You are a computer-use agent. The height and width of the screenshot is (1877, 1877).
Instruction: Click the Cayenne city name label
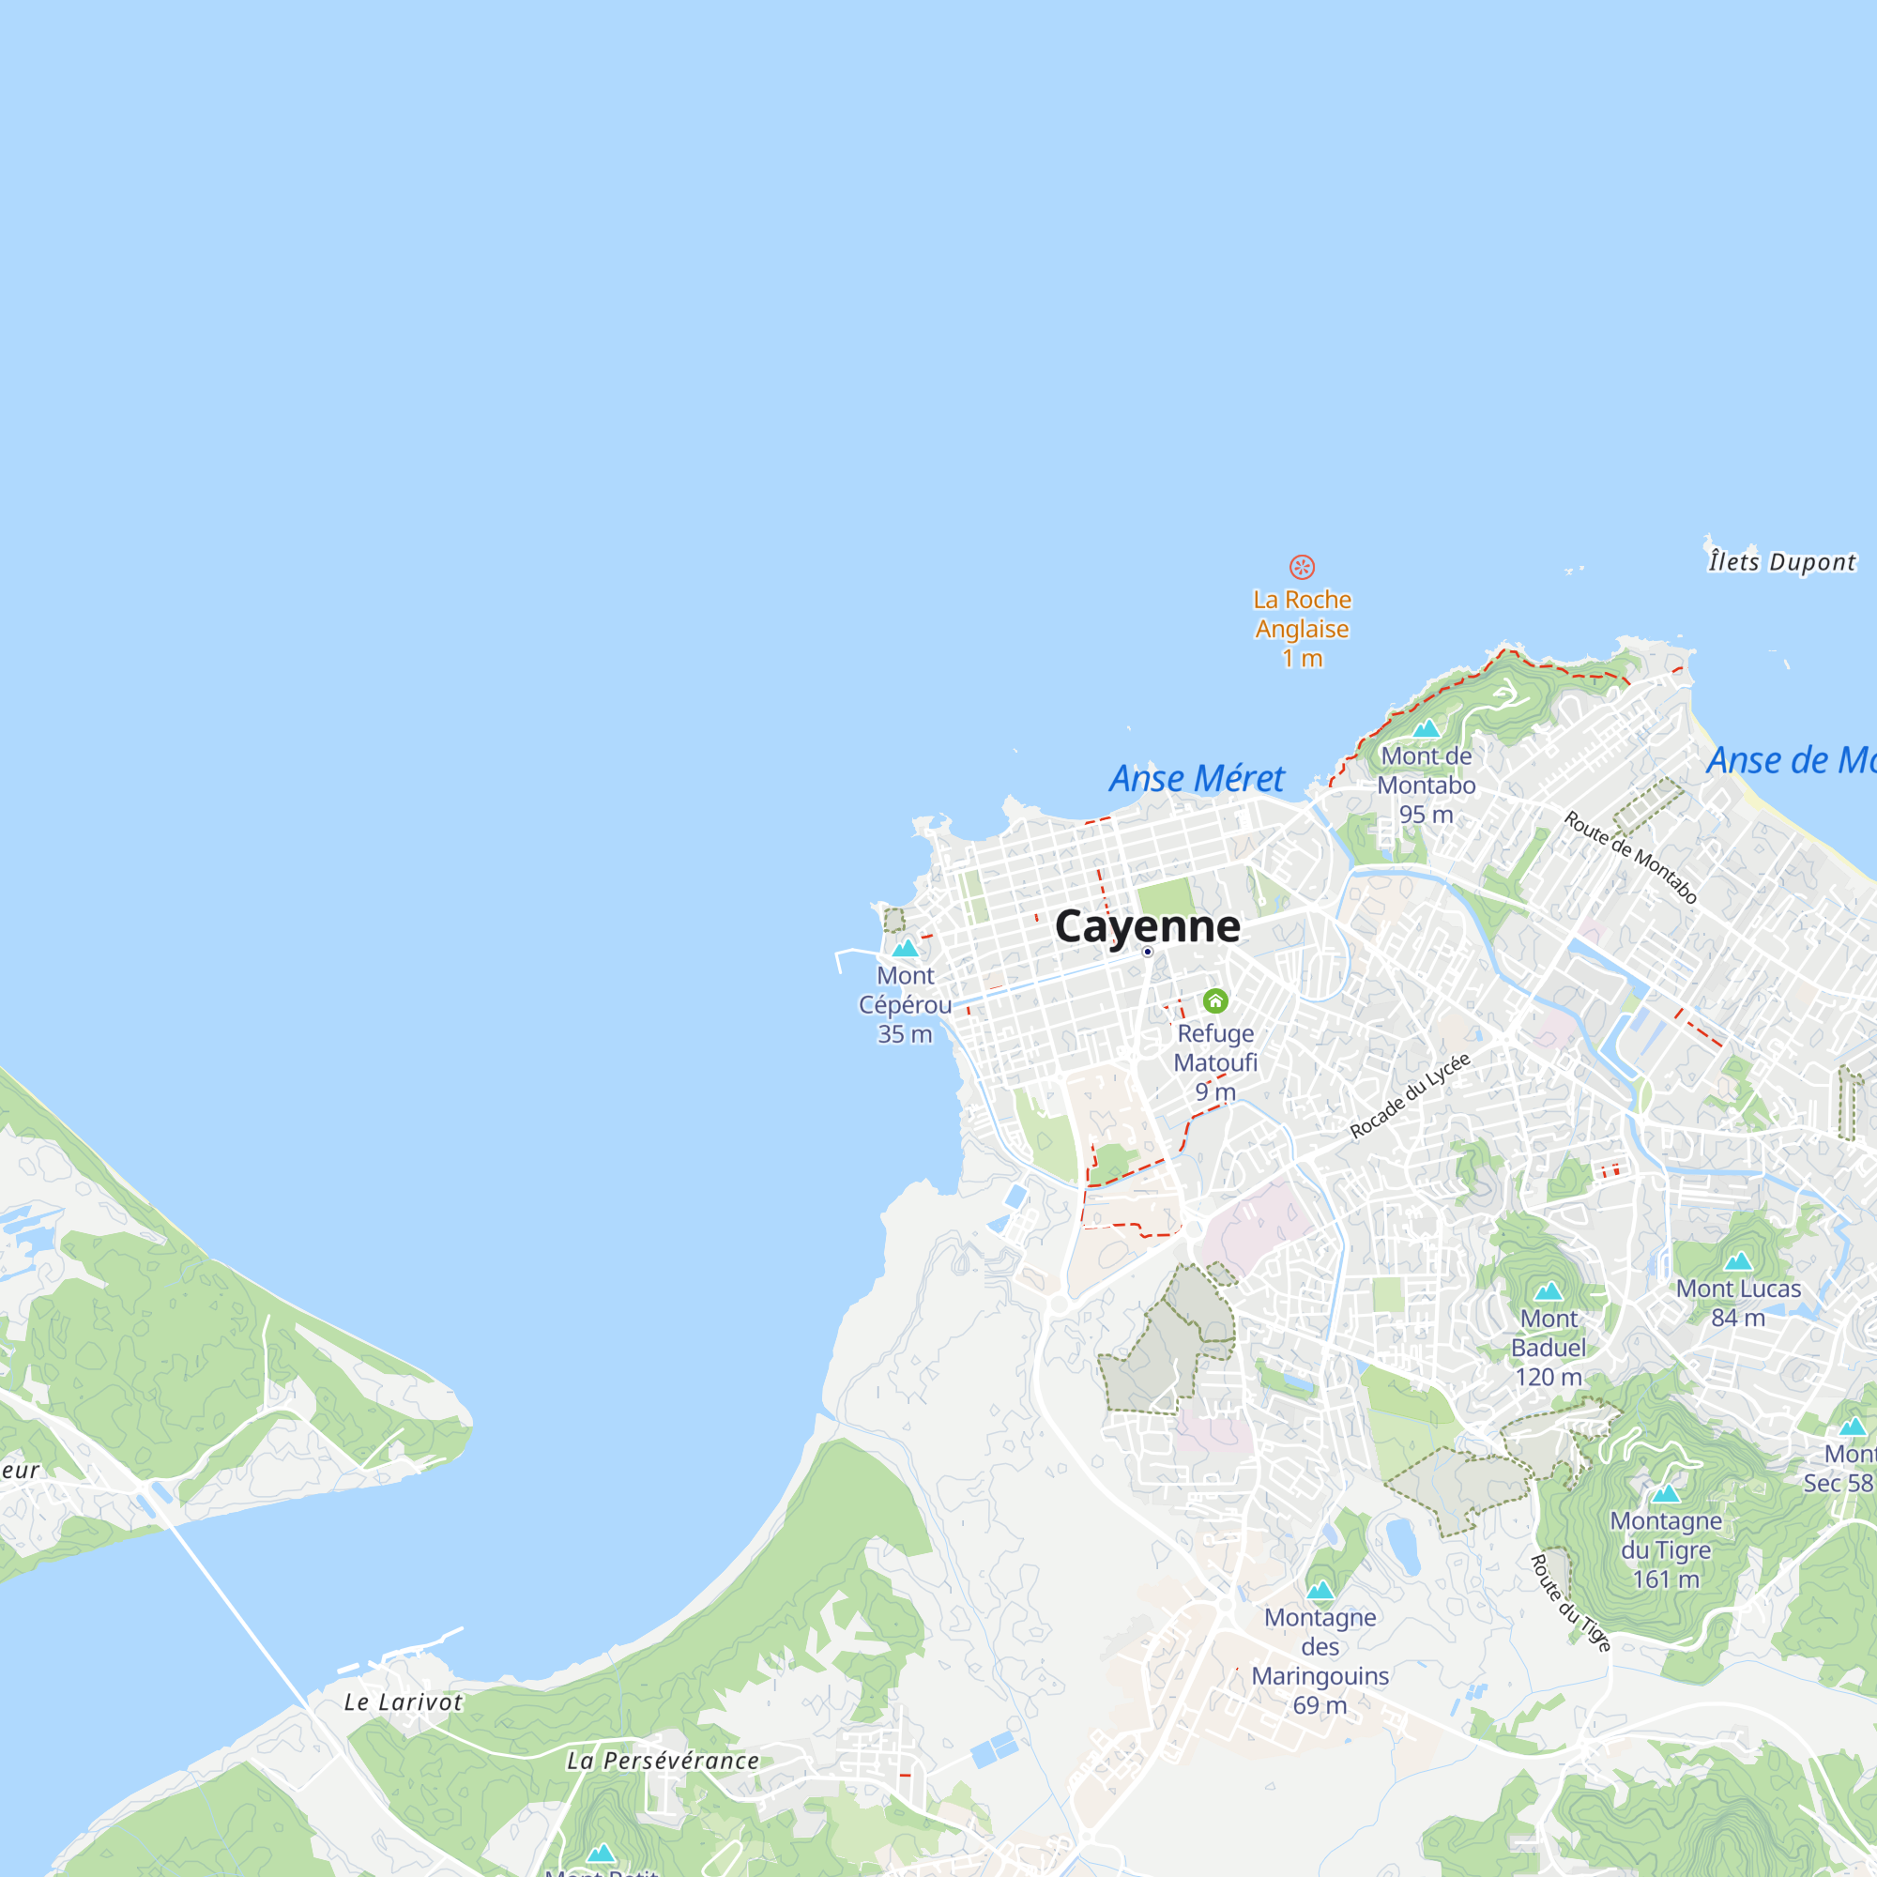click(1148, 926)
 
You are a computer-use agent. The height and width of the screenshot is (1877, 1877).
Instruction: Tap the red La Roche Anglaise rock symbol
click(1302, 567)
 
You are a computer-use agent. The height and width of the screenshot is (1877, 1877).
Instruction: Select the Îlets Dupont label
click(1782, 561)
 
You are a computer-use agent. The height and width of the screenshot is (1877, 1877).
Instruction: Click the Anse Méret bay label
click(1197, 778)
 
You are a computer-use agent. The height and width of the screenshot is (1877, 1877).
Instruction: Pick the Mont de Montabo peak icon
click(1426, 728)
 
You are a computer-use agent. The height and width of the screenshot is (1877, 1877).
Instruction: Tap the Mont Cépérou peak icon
click(906, 947)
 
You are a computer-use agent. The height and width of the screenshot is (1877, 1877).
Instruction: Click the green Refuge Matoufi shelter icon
click(1215, 1000)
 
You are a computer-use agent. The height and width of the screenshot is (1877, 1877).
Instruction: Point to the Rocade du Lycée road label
click(1410, 1096)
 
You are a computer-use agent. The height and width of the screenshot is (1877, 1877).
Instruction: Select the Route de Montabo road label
click(1630, 858)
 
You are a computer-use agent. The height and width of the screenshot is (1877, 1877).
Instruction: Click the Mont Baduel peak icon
click(1549, 1291)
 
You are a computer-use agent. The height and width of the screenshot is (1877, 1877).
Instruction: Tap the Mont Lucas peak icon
click(1738, 1261)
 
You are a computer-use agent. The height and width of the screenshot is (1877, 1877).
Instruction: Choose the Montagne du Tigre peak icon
click(1666, 1493)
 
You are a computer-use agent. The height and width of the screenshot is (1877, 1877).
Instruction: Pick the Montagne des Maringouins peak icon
click(1320, 1591)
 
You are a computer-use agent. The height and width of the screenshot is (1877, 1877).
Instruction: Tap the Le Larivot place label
click(404, 1702)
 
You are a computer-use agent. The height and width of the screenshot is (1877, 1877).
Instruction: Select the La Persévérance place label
click(663, 1761)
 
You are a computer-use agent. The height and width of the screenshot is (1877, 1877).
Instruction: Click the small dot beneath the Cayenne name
click(1148, 952)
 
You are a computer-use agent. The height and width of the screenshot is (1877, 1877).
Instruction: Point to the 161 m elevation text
click(1666, 1579)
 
